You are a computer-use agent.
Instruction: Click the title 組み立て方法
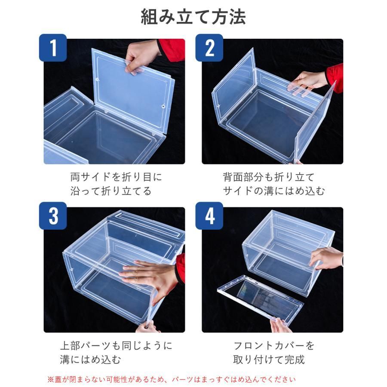[x=193, y=17]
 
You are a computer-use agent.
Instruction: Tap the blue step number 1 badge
[x=53, y=48]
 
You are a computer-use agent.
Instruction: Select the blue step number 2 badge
[x=209, y=48]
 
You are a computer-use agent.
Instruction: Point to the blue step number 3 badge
[x=53, y=216]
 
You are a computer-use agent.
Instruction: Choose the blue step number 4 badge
[x=209, y=216]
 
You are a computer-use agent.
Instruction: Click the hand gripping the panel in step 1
[x=141, y=58]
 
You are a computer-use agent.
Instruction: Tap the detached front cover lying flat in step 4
[x=261, y=298]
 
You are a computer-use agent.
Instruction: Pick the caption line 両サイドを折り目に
[x=116, y=177]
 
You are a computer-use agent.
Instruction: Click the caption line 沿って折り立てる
[x=111, y=191]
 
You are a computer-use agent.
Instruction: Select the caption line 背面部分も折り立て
[x=268, y=177]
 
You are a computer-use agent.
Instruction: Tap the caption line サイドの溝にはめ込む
[x=274, y=191]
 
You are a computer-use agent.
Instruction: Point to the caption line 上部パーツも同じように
[x=116, y=346]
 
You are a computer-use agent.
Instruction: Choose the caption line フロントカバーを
[x=274, y=346]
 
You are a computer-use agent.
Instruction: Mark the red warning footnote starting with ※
[x=171, y=379]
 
